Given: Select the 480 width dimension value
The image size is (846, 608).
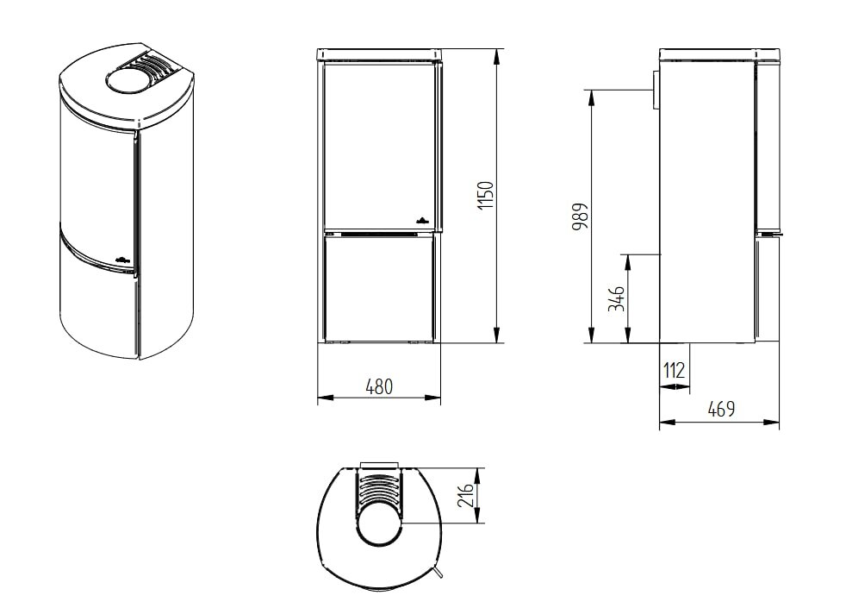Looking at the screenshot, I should tap(378, 387).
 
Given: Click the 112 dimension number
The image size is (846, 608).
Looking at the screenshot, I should tap(674, 371).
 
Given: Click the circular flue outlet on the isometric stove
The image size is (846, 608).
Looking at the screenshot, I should tap(127, 82).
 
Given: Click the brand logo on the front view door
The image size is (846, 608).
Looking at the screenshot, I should tap(422, 220).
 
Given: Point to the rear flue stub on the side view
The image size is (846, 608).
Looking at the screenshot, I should tap(655, 91).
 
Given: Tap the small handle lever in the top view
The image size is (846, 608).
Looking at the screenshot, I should tap(440, 574).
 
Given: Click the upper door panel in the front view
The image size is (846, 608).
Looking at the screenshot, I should tap(379, 142).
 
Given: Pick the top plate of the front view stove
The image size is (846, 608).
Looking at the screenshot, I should tap(380, 56).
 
